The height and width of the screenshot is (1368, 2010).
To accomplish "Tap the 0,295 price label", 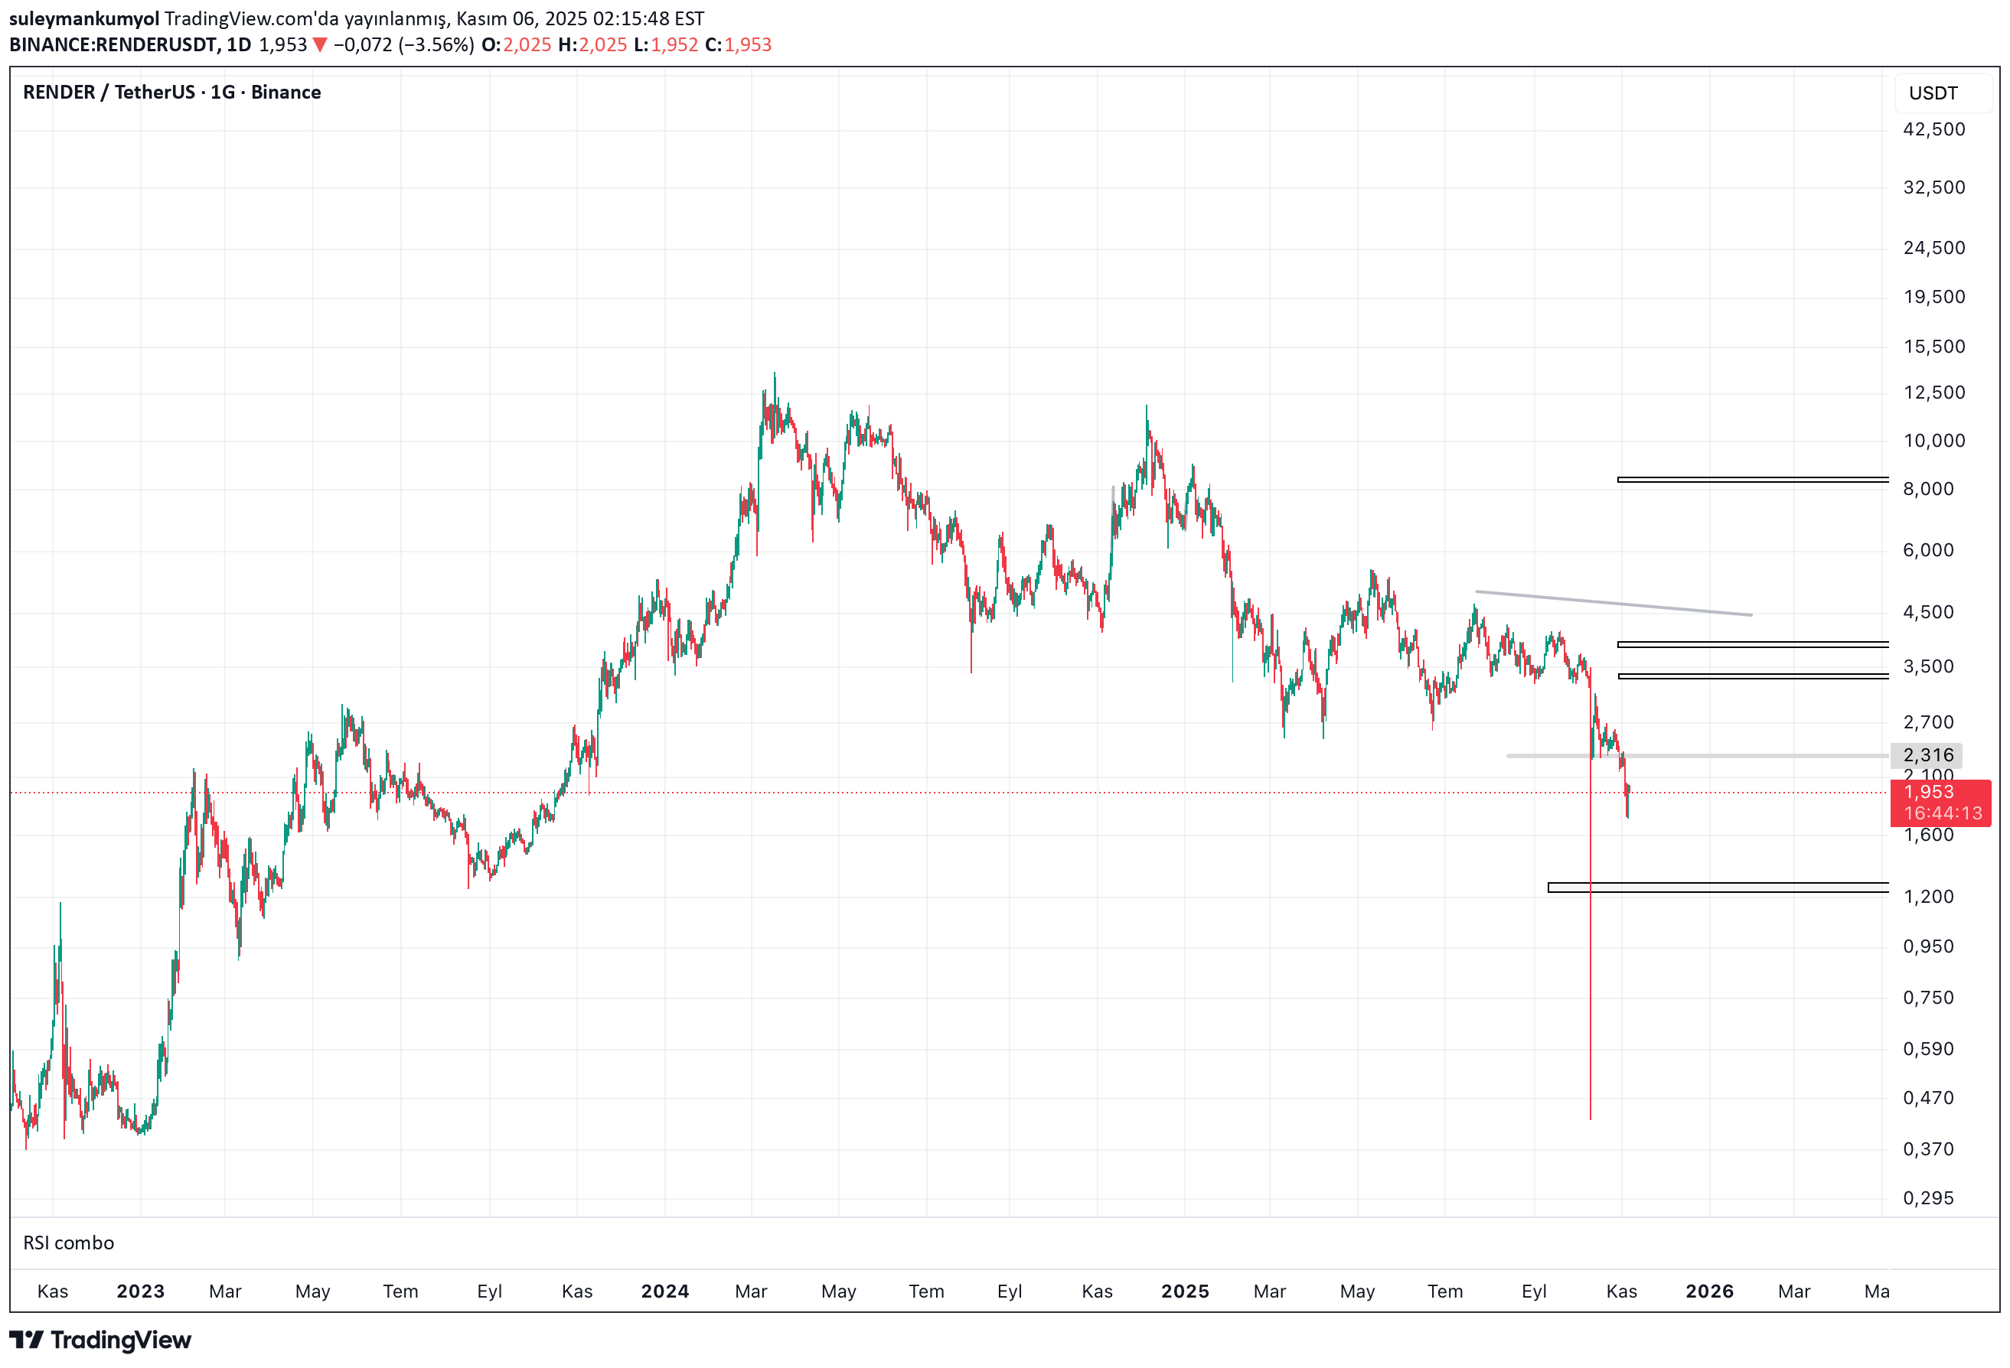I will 1928,1198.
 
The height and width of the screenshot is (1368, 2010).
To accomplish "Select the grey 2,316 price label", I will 1928,756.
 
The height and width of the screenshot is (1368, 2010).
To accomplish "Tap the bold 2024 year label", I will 665,1292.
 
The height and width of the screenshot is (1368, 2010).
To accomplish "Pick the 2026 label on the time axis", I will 1709,1292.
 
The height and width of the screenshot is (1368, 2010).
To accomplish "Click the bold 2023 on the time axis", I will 140,1292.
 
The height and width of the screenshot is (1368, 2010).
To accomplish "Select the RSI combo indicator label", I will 68,1243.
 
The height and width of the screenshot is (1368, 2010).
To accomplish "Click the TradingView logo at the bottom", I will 100,1340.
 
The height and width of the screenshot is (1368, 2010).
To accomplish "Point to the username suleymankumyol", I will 84,18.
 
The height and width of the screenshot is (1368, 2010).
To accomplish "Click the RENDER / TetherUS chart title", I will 171,93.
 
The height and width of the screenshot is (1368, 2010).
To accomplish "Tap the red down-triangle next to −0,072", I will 320,45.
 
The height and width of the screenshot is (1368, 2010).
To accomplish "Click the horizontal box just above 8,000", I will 1752,480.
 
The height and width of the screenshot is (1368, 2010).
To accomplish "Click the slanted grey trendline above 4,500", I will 1614,603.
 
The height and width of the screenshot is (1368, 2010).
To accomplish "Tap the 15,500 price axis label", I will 1934,347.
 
